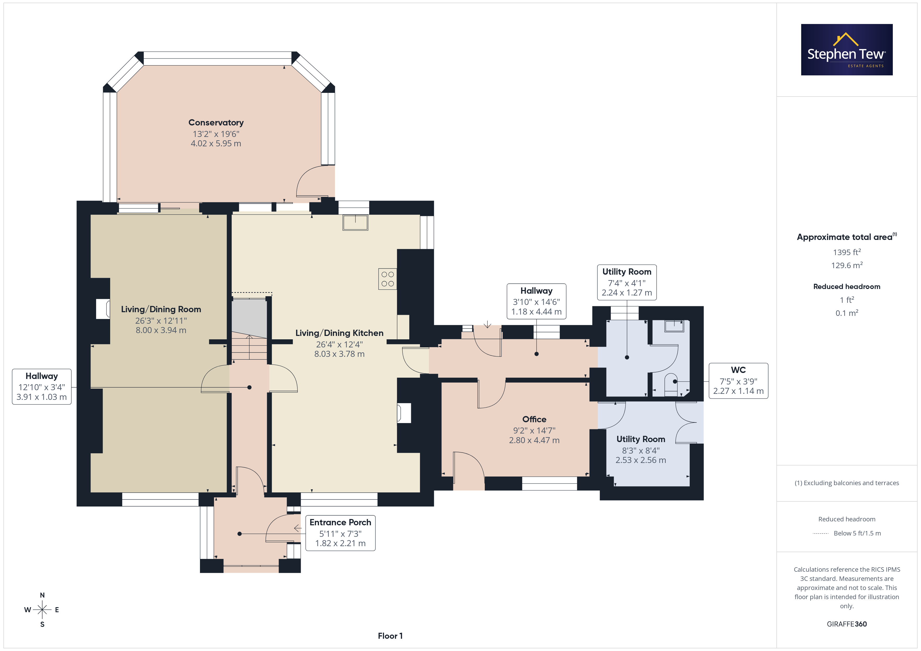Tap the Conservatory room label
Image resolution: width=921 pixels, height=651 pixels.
tap(216, 123)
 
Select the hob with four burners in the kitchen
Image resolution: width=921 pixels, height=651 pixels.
tap(387, 279)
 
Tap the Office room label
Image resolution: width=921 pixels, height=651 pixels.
tap(534, 419)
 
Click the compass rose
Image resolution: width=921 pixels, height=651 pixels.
tap(42, 610)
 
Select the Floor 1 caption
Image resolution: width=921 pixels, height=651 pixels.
tap(390, 636)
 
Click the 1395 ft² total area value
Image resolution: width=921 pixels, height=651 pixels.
tap(847, 252)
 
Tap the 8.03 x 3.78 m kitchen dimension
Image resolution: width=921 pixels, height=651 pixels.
tap(339, 354)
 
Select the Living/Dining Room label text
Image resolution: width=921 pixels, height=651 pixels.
tap(161, 310)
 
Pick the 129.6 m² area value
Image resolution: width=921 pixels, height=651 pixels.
tap(847, 265)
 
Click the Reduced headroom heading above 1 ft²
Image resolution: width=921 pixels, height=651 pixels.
tap(847, 287)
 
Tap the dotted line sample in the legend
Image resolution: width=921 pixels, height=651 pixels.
tap(820, 534)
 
